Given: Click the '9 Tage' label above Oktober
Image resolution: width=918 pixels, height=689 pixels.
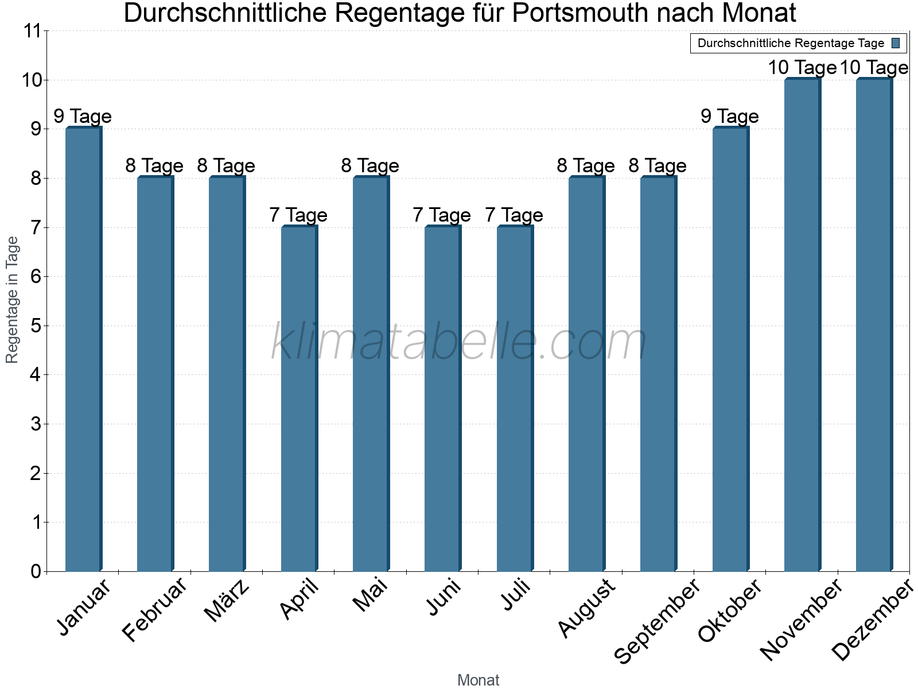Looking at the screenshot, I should tap(729, 117).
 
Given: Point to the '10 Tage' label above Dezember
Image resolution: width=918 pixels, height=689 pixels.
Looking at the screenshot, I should tap(874, 68).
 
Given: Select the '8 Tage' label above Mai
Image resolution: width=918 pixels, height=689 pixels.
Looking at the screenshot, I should tap(370, 166).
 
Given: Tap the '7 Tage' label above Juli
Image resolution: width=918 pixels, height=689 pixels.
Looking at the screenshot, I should tap(514, 215).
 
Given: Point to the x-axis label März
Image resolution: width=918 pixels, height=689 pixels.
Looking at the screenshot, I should tap(227, 601).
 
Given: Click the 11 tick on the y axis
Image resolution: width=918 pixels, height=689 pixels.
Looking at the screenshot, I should tap(33, 31).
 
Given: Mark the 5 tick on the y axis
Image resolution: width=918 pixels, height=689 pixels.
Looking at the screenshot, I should tap(36, 326).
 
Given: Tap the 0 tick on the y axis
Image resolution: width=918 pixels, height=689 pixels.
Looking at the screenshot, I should tap(36, 571).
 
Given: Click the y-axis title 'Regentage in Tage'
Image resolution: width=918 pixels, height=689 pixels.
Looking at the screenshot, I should tap(12, 300).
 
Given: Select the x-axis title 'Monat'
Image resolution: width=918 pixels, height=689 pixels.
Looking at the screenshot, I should tap(478, 680).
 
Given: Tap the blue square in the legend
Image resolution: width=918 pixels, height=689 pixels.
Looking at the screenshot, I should tap(896, 43).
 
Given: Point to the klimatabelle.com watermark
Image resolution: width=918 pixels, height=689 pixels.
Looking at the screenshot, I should tap(459, 342).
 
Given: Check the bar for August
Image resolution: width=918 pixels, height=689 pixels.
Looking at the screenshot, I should tap(586, 374).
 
